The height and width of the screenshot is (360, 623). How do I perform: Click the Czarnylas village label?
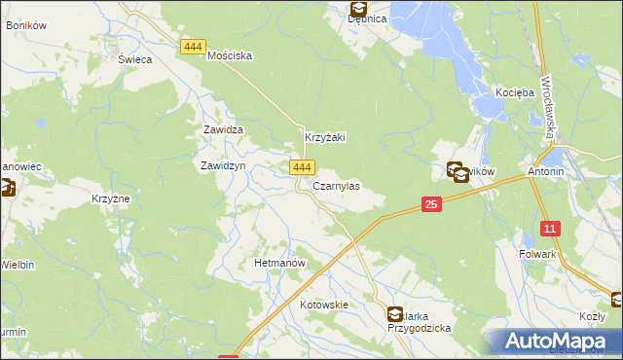point(336,186)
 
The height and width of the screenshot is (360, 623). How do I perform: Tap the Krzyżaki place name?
point(326,139)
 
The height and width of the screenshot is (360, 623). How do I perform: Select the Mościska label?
point(231,56)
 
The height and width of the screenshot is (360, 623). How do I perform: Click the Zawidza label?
point(222,129)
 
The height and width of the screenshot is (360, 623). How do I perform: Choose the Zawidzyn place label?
point(222,166)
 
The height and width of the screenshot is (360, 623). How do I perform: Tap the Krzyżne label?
point(111,198)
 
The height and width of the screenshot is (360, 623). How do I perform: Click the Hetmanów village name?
point(280,264)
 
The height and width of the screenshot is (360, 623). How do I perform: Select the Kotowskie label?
point(324,305)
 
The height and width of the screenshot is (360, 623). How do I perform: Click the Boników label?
point(26,24)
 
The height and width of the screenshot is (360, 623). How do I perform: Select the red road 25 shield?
point(433,204)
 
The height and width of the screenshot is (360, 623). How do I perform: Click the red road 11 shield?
point(551,230)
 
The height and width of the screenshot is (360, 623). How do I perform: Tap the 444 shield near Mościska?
point(192,46)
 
